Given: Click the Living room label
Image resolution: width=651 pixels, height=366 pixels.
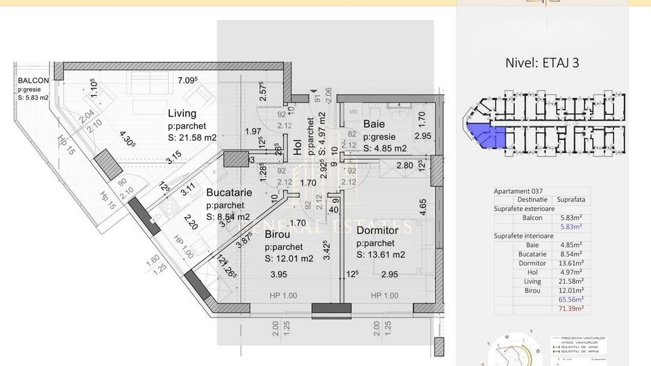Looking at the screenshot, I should [182, 113].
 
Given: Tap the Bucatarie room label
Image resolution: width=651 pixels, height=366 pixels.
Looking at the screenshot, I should [228, 194].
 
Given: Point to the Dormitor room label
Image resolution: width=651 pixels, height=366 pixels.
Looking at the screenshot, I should [377, 230].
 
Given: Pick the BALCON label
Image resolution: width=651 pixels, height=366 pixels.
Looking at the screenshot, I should [33, 81].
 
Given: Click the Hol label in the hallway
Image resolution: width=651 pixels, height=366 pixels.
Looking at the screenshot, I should [298, 147].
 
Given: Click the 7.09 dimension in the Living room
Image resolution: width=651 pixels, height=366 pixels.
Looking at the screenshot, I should [187, 81].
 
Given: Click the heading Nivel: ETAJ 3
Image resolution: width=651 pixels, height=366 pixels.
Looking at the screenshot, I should [542, 62].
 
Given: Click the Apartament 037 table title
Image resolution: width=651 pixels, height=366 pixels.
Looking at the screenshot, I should [518, 190].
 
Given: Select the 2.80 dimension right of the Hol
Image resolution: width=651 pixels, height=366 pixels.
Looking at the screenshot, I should [405, 165].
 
